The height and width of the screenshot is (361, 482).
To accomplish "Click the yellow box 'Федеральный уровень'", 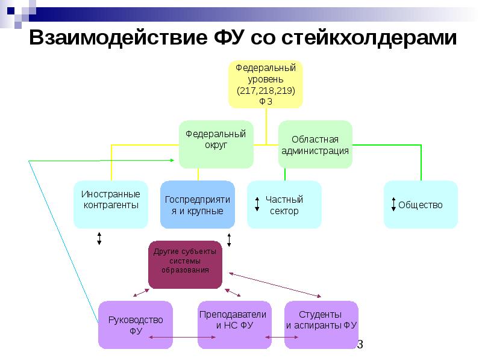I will pyautogui.click(x=265, y=84).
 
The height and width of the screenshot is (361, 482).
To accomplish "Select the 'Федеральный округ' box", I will pyautogui.click(x=216, y=144).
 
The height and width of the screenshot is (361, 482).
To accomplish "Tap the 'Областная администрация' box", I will pyautogui.click(x=315, y=144).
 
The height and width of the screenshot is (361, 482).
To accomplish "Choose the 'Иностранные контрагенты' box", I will pyautogui.click(x=110, y=205).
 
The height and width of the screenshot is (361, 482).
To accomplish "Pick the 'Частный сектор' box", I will pyautogui.click(x=284, y=205).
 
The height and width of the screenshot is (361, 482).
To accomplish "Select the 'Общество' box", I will pyautogui.click(x=421, y=205).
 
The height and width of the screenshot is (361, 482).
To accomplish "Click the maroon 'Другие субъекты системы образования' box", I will pyautogui.click(x=185, y=265).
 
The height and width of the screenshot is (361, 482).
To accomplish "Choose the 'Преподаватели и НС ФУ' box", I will pyautogui.click(x=234, y=325).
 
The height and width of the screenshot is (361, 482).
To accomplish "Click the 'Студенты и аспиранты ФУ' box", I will pyautogui.click(x=322, y=325).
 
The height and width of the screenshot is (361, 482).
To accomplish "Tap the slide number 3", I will pyautogui.click(x=360, y=345).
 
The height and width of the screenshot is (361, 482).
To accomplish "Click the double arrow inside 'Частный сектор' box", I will pyautogui.click(x=257, y=204).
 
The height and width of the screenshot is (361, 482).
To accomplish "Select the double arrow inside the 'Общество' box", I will pyautogui.click(x=393, y=204).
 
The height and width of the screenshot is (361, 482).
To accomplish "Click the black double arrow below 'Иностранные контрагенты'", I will pyautogui.click(x=99, y=238).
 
